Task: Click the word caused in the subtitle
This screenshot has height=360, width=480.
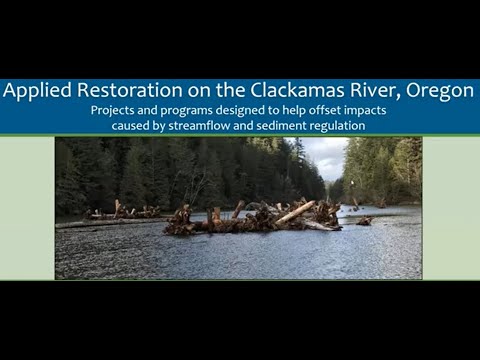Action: point(137,126)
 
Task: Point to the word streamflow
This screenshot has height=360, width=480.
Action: point(211,126)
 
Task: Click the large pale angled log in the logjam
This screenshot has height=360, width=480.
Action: point(295,212)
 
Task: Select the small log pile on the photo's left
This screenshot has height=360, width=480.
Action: point(122,212)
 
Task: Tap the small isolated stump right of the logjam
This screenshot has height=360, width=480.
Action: point(364,221)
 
